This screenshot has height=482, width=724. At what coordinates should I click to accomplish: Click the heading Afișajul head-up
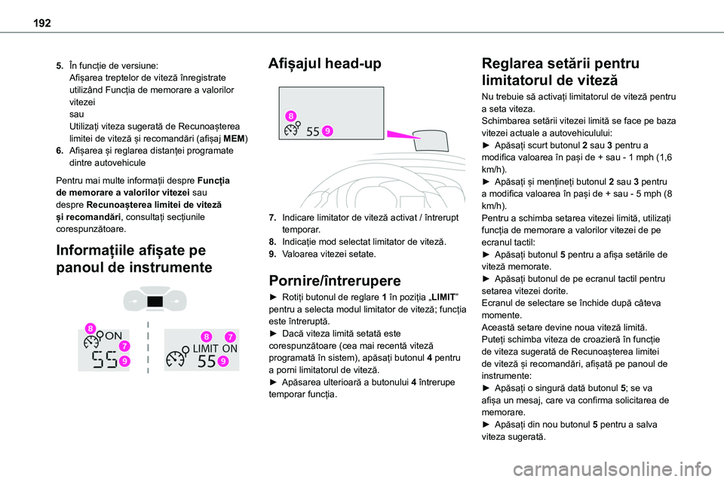[x=325, y=64]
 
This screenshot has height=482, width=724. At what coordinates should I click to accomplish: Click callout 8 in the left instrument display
[x=90, y=328]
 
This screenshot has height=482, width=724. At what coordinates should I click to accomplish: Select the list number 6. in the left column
[x=60, y=150]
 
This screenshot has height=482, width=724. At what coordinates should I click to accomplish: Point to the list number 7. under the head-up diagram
[x=272, y=217]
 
